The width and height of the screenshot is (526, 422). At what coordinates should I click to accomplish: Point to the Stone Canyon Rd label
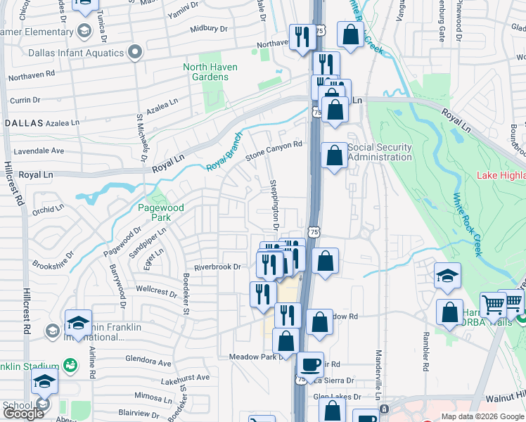coord(274,151)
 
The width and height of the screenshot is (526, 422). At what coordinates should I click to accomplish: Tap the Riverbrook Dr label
coord(217,267)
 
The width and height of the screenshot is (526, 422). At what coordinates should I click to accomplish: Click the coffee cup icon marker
coord(309,365)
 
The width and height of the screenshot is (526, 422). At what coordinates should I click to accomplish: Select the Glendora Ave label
coord(147,364)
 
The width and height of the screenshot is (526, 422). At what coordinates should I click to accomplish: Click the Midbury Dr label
coord(209,29)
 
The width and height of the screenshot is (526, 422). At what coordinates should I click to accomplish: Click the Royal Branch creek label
coord(224,153)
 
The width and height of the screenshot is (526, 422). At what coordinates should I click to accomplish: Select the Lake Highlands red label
coord(500,175)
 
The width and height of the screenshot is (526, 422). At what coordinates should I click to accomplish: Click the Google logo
coord(23,414)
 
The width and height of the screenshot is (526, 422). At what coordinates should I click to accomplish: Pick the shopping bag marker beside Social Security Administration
coord(334,155)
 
